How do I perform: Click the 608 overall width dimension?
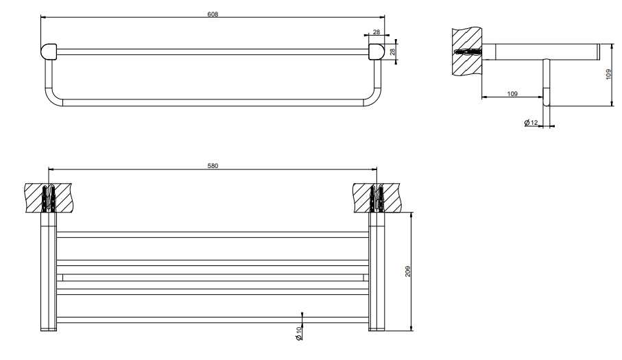pyautogui.click(x=213, y=14)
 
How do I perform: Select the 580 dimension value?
pyautogui.click(x=213, y=166)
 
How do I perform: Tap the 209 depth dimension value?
pyautogui.click(x=408, y=271)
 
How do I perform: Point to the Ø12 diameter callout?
pyautogui.click(x=531, y=122)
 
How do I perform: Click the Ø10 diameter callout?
pyautogui.click(x=298, y=333)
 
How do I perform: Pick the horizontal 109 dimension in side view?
pyautogui.click(x=512, y=93)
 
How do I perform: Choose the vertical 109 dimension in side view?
pyautogui.click(x=608, y=74)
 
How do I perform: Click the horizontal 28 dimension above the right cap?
pyautogui.click(x=376, y=32)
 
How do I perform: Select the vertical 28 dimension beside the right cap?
pyautogui.click(x=393, y=51)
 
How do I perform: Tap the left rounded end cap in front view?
pyautogui.click(x=49, y=51)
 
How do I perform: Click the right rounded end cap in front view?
pyautogui.click(x=376, y=51)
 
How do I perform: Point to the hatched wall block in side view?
pyautogui.click(x=467, y=51)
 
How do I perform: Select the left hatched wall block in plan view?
pyautogui.click(x=49, y=198)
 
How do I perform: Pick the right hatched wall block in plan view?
pyautogui.click(x=377, y=198)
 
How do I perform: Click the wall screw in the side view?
pyautogui.click(x=468, y=51)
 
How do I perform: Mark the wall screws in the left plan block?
pyautogui.click(x=49, y=198)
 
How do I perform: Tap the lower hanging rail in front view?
pyautogui.click(x=213, y=103)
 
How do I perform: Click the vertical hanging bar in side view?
pyautogui.click(x=547, y=82)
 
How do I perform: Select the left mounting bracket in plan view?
pyautogui.click(x=49, y=272)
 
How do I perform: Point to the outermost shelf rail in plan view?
pyautogui.click(x=213, y=320)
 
